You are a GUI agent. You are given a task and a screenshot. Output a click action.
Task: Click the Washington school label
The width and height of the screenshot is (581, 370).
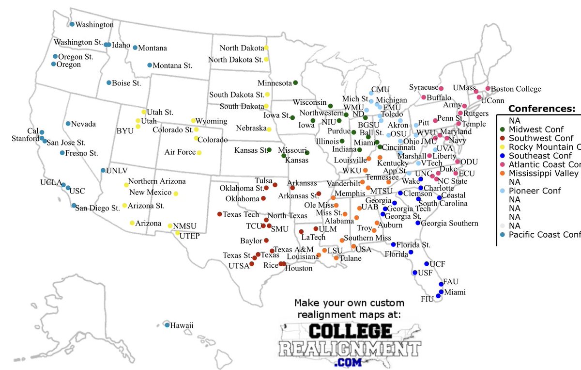(x=95, y=24)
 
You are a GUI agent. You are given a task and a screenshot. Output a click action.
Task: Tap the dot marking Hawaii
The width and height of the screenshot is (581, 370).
(x=167, y=325)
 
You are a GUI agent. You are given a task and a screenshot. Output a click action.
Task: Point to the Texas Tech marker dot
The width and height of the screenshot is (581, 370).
(x=219, y=214)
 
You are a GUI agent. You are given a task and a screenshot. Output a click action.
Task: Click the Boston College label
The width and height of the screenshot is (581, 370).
(x=516, y=89)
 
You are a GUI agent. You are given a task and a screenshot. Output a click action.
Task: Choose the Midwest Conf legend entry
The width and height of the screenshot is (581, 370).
(x=538, y=129)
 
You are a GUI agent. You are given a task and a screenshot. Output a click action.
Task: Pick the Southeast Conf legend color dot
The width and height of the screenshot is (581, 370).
(x=503, y=156)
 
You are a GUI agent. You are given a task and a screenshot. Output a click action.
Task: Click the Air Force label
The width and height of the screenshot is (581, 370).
(x=180, y=152)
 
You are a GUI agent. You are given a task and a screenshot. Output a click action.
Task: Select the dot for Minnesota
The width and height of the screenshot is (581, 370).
(x=295, y=82)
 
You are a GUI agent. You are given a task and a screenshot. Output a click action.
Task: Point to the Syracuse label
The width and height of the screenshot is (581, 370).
(x=423, y=87)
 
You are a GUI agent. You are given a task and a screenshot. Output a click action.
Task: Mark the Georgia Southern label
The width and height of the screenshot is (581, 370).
(x=449, y=224)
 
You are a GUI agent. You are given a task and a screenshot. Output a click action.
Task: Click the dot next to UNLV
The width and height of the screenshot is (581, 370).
(x=103, y=170)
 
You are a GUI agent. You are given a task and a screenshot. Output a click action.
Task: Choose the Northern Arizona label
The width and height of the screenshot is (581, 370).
(x=157, y=181)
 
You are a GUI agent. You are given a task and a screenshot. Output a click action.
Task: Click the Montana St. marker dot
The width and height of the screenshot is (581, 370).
(x=150, y=65)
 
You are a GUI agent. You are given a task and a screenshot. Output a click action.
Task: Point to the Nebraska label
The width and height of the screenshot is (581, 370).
(x=251, y=129)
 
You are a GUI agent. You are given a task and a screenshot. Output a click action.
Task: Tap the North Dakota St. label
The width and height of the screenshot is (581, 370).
(x=235, y=60)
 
